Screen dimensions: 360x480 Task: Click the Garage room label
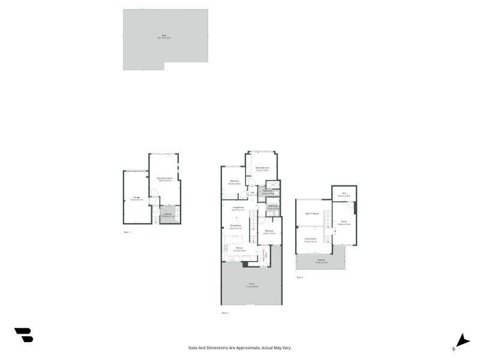137,198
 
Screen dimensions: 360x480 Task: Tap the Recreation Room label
165,179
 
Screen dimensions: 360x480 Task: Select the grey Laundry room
168,215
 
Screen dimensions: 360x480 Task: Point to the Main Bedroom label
262,169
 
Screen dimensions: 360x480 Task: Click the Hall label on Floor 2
252,193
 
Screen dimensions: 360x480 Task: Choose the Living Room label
238,208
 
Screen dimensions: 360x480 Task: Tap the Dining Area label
235,227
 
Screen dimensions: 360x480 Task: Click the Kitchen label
239,249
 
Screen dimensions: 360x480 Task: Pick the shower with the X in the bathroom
273,185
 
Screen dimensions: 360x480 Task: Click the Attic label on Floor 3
344,195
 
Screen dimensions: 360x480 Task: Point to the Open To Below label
311,213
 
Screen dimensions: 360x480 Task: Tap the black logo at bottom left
23,335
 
